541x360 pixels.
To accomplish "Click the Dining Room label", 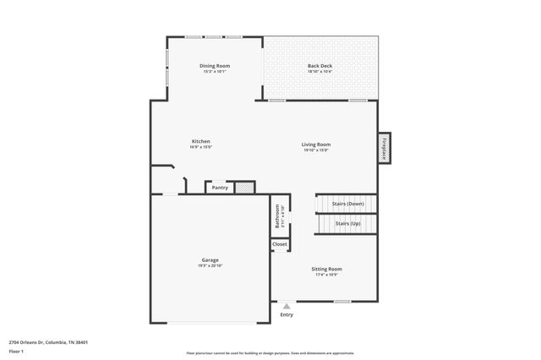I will coord(215,66).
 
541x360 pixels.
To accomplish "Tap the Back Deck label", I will coord(320,66).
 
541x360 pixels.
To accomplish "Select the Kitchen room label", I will coord(200,141).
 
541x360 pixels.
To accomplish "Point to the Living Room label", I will coord(316,145).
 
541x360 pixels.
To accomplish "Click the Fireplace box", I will coord(384,148).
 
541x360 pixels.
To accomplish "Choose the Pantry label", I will coord(220,188).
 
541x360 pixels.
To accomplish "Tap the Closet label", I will coord(280,244).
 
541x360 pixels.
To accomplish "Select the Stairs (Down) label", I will coord(347,204).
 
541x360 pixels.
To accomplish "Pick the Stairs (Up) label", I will coord(347,224).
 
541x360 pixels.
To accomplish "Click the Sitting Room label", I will coord(327,269).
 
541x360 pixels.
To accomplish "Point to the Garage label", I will coord(210,259).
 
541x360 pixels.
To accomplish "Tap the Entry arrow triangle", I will coord(287,306).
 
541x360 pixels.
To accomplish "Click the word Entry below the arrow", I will coord(287,315).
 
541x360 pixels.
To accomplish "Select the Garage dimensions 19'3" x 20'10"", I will coord(210,265).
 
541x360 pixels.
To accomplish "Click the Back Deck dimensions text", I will coord(320,72).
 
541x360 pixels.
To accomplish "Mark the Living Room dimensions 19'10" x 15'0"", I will coord(316,150).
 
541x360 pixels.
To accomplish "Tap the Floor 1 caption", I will coord(17,351).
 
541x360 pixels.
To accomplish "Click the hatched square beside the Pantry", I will coord(244,188).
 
